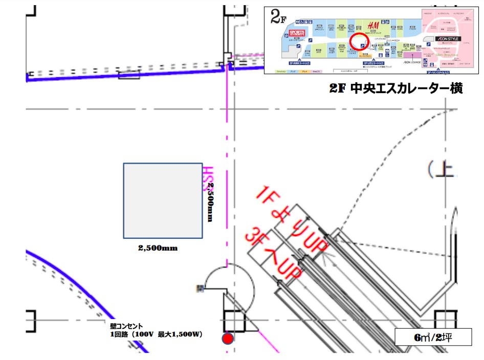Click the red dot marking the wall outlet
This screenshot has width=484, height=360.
[228, 338]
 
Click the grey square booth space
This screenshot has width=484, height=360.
[163, 200]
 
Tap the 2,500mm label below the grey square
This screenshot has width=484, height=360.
[158, 248]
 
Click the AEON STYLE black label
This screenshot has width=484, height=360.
[448, 39]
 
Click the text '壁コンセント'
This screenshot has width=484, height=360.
[127, 326]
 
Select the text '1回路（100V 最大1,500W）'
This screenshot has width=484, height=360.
[156, 334]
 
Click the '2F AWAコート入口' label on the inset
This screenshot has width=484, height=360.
[301, 63]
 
